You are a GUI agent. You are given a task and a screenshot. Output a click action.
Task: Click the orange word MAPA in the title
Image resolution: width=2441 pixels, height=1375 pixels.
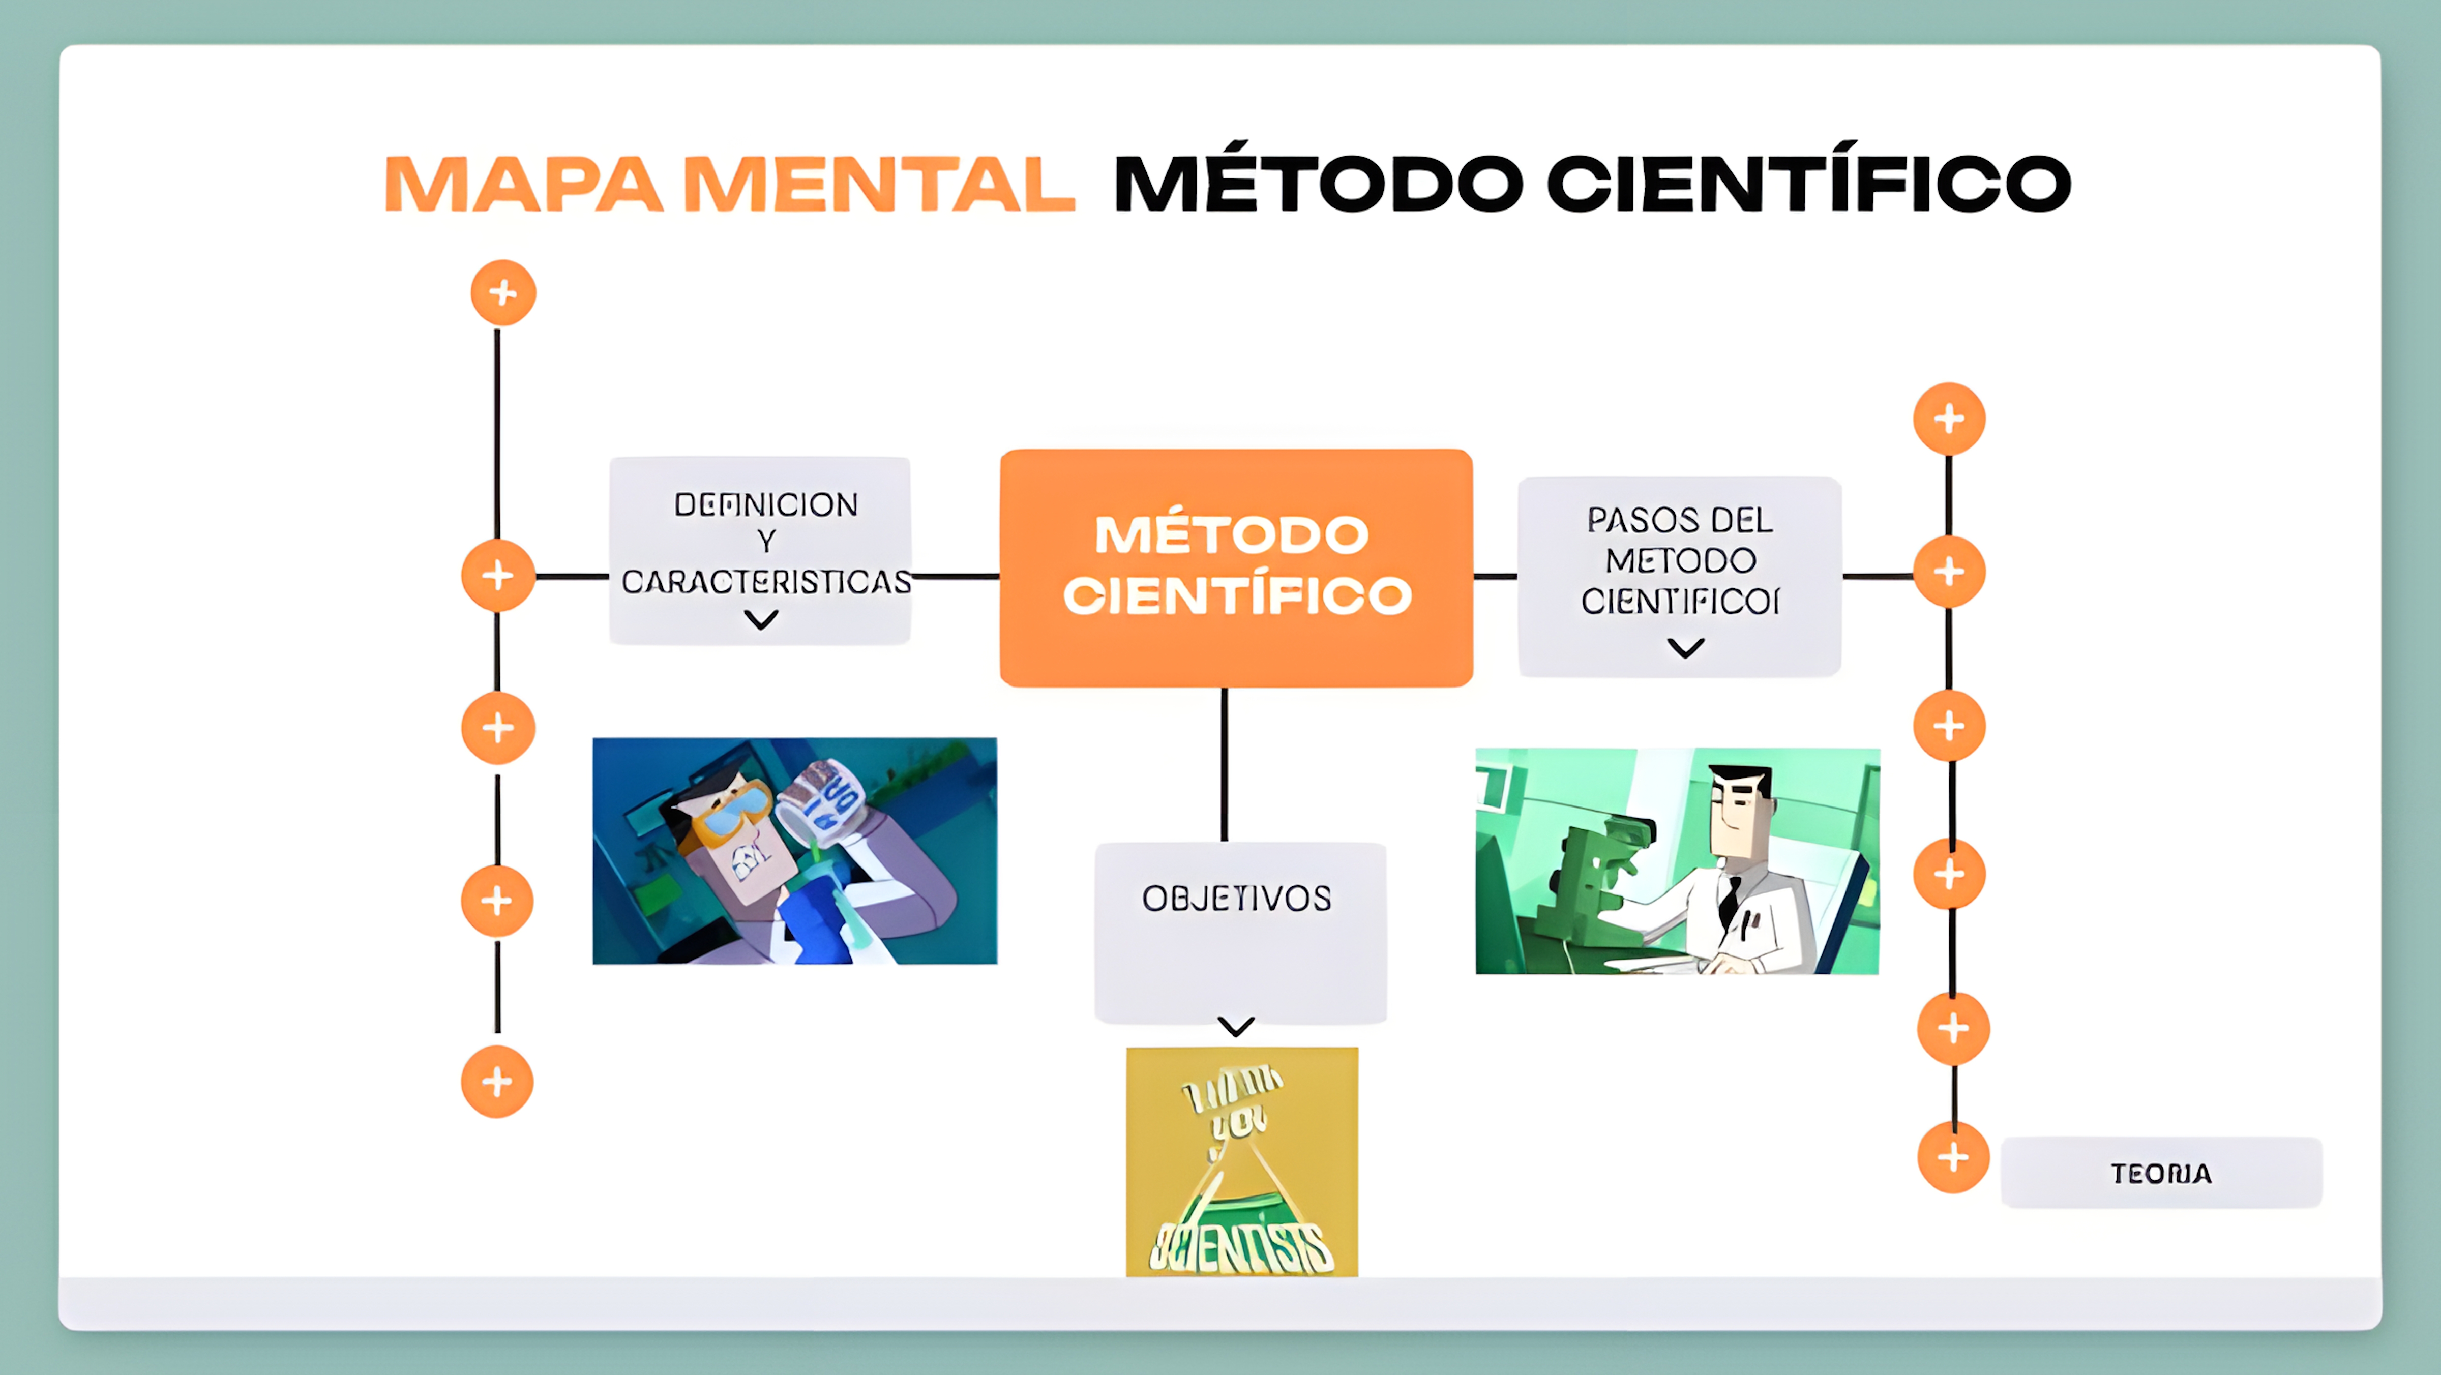pyautogui.click(x=523, y=184)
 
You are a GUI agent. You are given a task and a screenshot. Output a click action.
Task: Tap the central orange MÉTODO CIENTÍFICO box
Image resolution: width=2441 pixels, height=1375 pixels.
pyautogui.click(x=1236, y=566)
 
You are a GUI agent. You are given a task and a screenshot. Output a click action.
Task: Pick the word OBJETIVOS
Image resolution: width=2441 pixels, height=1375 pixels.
pyautogui.click(x=1237, y=898)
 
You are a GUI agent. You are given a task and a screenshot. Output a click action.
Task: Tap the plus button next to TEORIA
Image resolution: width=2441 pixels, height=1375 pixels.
pyautogui.click(x=1952, y=1157)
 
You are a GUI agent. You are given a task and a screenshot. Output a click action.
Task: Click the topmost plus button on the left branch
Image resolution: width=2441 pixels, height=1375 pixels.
pyautogui.click(x=503, y=293)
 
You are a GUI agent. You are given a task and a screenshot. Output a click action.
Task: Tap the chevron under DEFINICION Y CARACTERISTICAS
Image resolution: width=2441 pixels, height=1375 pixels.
pyautogui.click(x=761, y=620)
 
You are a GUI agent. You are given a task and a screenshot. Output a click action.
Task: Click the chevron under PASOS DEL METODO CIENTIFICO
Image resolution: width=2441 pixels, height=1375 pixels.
pyautogui.click(x=1686, y=648)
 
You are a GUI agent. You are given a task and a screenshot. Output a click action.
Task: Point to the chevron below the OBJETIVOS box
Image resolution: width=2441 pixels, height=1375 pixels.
pyautogui.click(x=1236, y=1026)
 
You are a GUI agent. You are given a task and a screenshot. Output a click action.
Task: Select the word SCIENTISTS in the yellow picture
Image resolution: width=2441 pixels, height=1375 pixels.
pyautogui.click(x=1241, y=1247)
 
